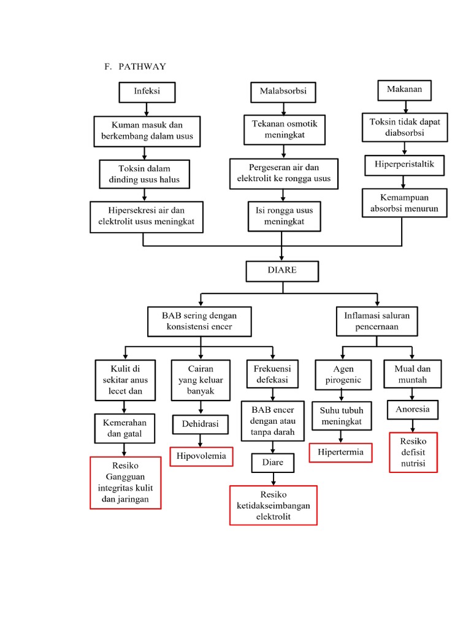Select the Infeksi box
click(x=146, y=92)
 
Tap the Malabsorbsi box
click(x=283, y=92)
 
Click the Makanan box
click(x=404, y=90)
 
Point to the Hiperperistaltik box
click(x=404, y=165)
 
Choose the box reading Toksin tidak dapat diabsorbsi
click(x=404, y=127)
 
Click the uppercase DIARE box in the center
click(x=282, y=270)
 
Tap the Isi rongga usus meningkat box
click(x=284, y=216)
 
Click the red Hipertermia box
click(x=340, y=453)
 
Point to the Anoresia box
click(x=413, y=409)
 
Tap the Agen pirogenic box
click(x=343, y=375)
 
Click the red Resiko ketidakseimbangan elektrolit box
click(x=274, y=506)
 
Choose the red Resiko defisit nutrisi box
click(x=413, y=452)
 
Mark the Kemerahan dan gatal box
click(x=124, y=428)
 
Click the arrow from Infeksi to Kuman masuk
click(x=146, y=109)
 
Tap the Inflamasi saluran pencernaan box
click(x=377, y=321)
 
